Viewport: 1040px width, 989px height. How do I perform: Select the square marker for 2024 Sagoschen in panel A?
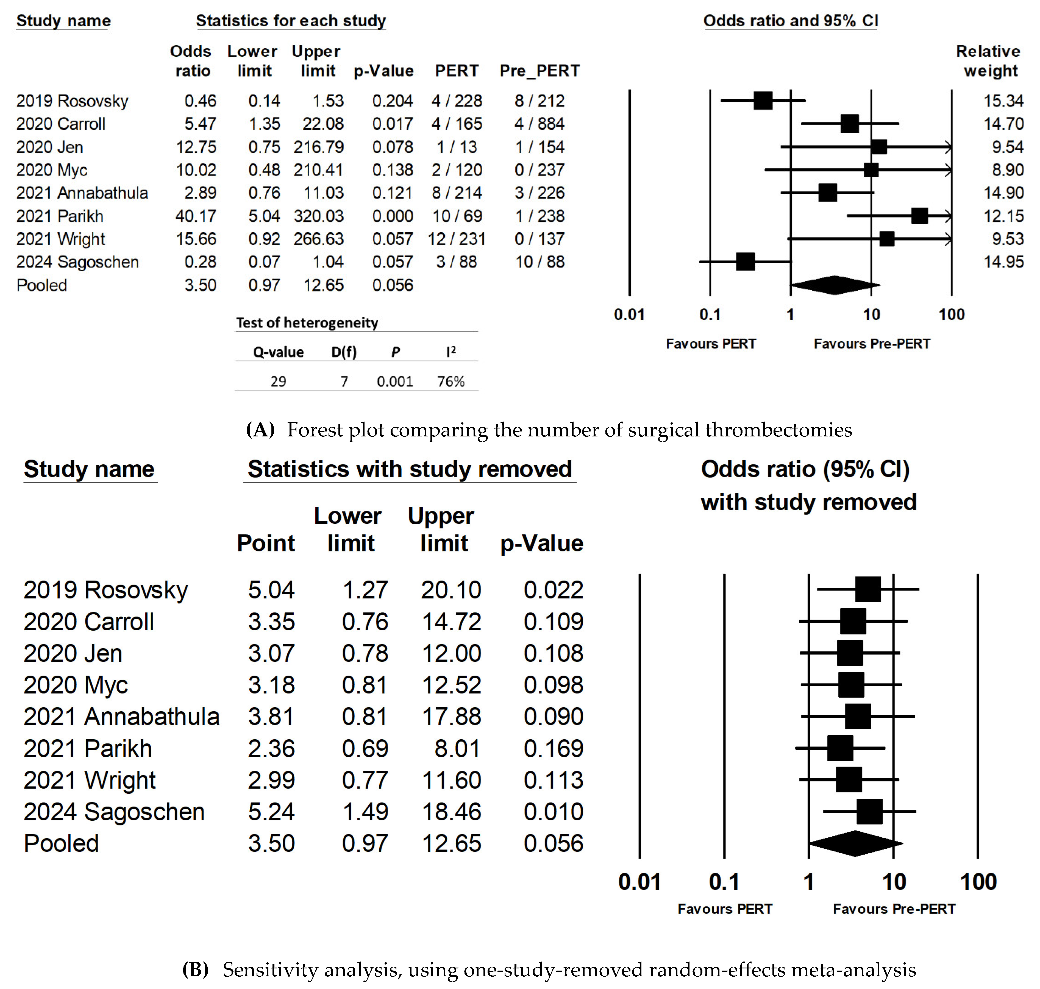[745, 261]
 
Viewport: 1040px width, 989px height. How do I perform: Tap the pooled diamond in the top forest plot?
[834, 285]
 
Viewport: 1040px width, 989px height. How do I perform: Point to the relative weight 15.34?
[1003, 101]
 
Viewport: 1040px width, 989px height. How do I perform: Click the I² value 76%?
[451, 381]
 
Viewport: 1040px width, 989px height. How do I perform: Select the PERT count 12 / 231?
[456, 239]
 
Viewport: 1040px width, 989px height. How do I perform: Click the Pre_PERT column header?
[540, 71]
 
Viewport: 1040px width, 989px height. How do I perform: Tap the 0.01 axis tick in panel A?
[629, 315]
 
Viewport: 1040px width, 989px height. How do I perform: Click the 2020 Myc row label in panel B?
[76, 685]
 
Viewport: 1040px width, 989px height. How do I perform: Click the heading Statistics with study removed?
[410, 469]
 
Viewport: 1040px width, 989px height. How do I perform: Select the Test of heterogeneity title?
[307, 323]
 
